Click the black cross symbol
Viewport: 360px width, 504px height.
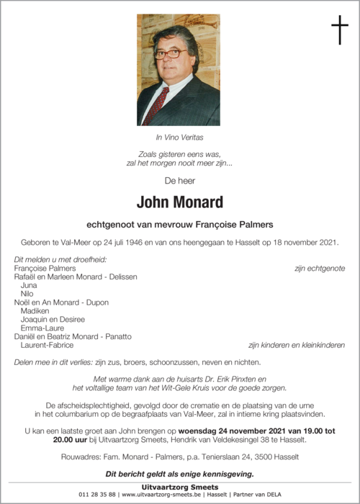click(340, 31)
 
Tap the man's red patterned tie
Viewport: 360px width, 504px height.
click(156, 104)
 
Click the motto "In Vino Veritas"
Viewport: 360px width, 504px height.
click(179, 136)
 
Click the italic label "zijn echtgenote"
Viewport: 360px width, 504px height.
click(319, 268)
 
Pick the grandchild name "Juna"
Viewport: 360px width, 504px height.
click(30, 285)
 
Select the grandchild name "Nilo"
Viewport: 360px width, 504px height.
click(28, 294)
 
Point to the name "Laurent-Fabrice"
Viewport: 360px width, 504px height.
click(47, 345)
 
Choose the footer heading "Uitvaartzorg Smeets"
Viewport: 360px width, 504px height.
click(179, 487)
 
